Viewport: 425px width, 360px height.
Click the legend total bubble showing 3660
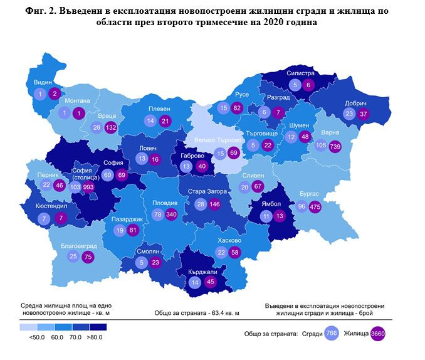(378, 334)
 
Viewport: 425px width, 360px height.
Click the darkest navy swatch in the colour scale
(98, 327)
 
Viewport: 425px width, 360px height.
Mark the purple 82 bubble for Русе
(236, 109)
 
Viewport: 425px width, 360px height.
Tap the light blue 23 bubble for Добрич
(350, 114)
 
